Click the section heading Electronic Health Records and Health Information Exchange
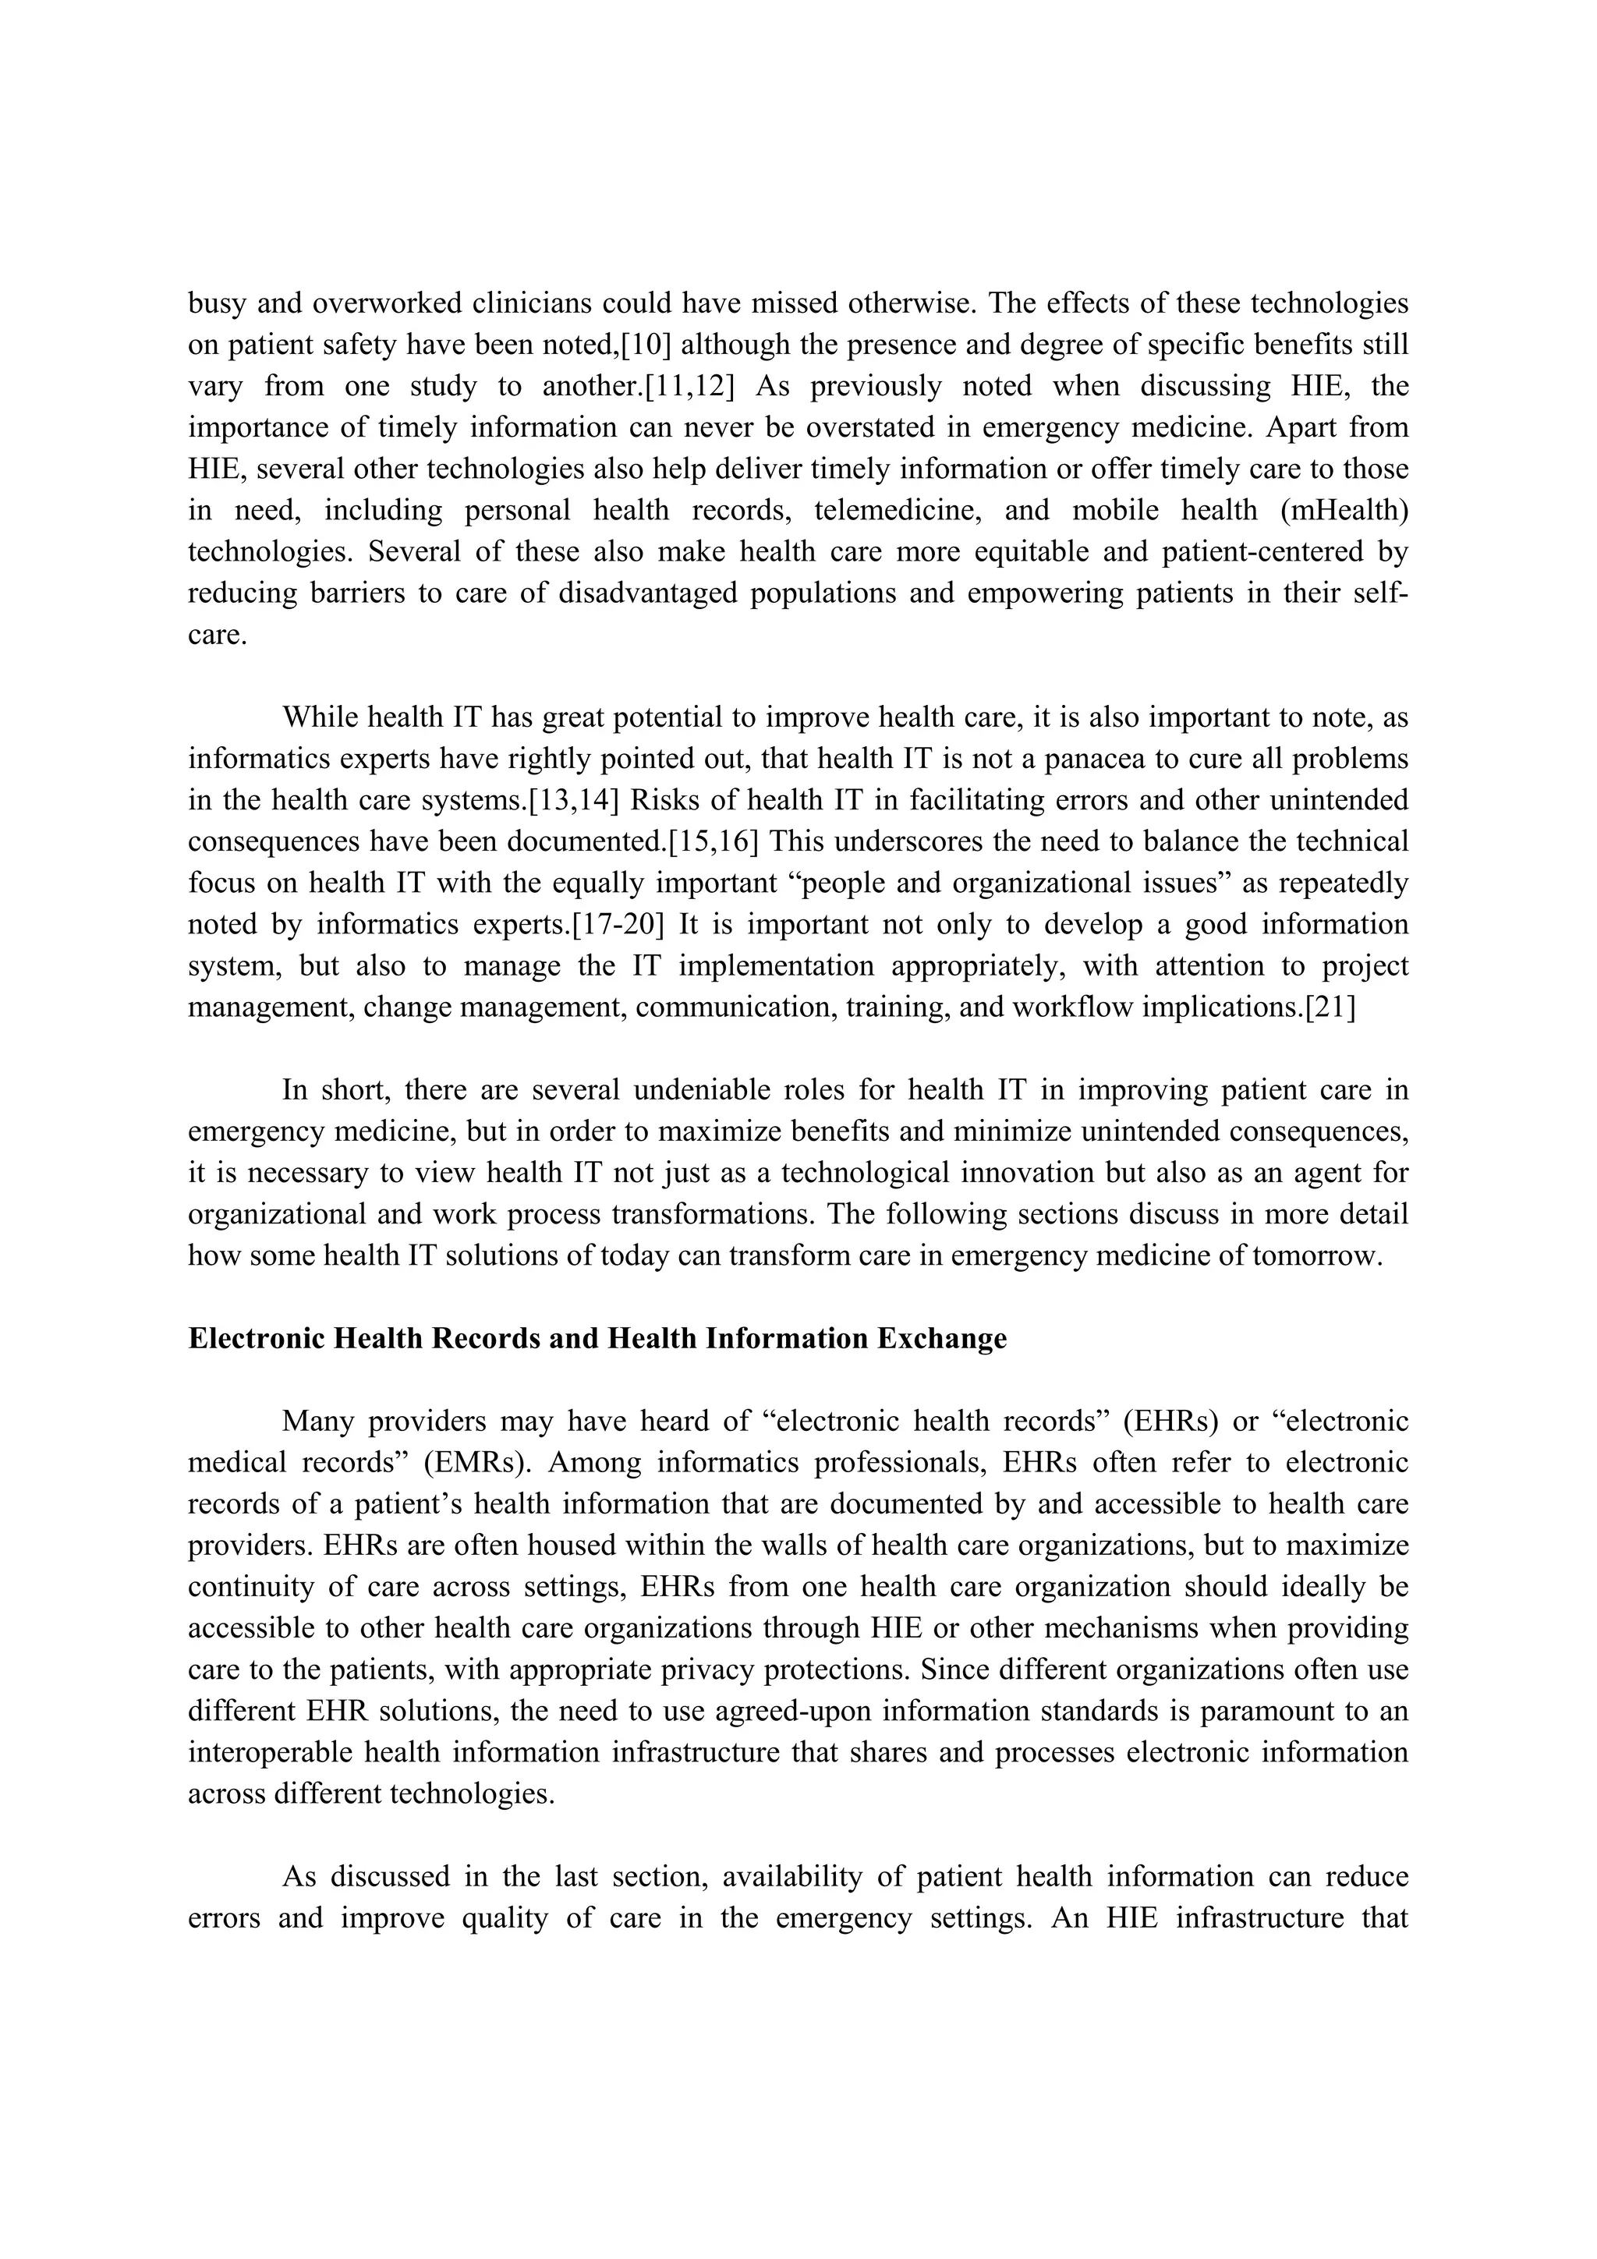(x=597, y=1338)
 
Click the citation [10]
(x=646, y=345)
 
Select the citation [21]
(x=1330, y=1007)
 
